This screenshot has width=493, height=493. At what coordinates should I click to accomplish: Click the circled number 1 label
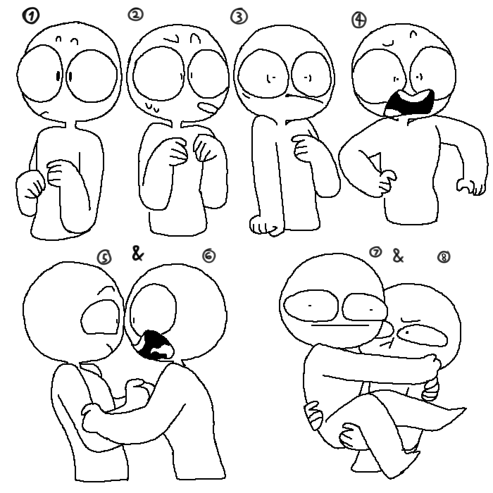click(31, 16)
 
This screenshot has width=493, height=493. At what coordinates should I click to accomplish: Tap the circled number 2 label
click(136, 14)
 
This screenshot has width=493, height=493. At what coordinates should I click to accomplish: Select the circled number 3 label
click(239, 17)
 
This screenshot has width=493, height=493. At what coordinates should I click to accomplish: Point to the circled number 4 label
click(359, 20)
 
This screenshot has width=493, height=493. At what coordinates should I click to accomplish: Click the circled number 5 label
click(104, 257)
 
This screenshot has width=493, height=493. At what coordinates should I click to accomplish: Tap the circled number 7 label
click(375, 252)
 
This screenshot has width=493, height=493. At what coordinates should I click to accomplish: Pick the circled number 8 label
click(444, 257)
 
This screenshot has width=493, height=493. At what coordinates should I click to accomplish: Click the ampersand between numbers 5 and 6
click(138, 254)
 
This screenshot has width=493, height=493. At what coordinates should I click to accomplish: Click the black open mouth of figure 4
click(409, 103)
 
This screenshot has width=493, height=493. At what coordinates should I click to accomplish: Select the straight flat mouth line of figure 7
click(340, 325)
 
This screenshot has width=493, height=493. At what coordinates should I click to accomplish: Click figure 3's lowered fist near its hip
click(266, 225)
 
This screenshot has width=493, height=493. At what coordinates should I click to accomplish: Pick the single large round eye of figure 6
click(153, 309)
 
